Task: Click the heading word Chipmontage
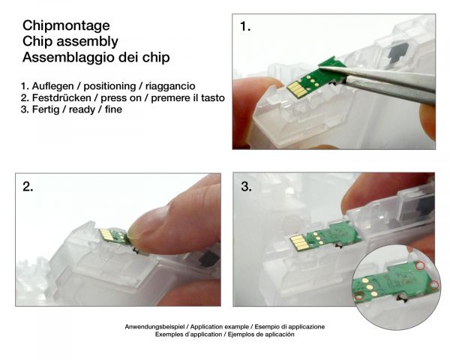(66, 26)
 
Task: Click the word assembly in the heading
(87, 42)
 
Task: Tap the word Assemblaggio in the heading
(68, 58)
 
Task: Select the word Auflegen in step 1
(52, 86)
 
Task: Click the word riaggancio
(170, 86)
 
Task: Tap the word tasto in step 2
(213, 98)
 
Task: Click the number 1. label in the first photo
(245, 27)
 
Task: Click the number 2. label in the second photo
(28, 187)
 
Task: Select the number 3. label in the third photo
(247, 187)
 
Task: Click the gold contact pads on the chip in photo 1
(295, 88)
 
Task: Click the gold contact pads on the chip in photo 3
(298, 241)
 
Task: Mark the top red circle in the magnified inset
(420, 265)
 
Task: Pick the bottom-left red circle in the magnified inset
(359, 296)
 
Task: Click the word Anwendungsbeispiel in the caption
(154, 327)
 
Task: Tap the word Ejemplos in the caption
(240, 334)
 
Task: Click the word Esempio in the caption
(266, 327)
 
